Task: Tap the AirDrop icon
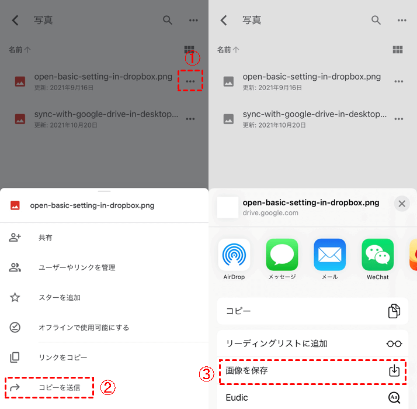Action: (x=234, y=255)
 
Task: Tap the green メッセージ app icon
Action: (x=282, y=255)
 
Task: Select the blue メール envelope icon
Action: (x=330, y=255)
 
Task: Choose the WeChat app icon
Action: (x=378, y=255)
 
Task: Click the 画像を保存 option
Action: (x=246, y=370)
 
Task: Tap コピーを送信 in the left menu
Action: (x=60, y=387)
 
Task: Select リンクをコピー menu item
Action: (x=63, y=358)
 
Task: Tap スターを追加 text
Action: (x=60, y=297)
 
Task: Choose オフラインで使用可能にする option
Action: (x=84, y=327)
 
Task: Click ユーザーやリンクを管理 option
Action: (x=77, y=267)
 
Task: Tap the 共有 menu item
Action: (x=46, y=238)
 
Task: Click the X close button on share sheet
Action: (x=402, y=204)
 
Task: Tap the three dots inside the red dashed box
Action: (x=190, y=81)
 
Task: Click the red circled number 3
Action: (x=207, y=374)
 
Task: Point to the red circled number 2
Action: (x=107, y=387)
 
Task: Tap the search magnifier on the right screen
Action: (x=376, y=20)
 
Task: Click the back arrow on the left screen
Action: (x=15, y=20)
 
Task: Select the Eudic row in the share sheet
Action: (x=312, y=397)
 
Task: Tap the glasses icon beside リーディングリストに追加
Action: (x=394, y=343)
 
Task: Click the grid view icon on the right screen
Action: (x=398, y=50)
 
